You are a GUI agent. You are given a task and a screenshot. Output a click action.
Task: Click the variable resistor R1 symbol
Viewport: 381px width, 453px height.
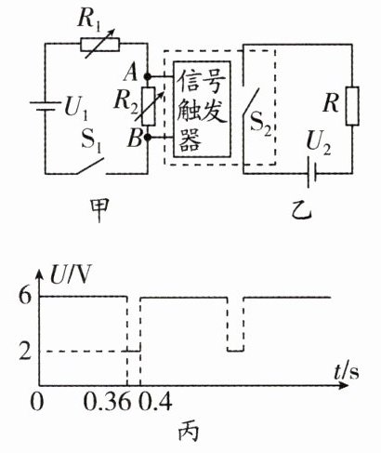pos(99,45)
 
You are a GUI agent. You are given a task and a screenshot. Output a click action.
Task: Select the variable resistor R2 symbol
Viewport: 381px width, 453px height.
pos(149,106)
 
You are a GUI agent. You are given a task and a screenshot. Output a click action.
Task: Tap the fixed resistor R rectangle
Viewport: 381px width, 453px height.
pos(352,106)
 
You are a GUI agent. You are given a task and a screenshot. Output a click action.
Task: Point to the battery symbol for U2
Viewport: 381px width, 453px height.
pos(311,173)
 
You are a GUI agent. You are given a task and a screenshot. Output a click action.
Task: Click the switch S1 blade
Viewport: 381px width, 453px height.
pos(90,166)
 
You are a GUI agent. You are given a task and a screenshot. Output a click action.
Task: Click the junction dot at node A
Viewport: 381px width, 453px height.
pos(148,76)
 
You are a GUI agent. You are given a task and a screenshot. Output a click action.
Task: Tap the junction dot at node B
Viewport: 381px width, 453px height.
pos(148,137)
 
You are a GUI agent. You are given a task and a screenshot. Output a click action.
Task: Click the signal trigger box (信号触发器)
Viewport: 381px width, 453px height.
pos(202,109)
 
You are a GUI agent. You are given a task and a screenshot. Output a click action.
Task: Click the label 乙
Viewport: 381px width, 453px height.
pos(301,211)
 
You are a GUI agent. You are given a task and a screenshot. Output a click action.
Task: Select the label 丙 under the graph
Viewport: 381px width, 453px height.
pos(188,432)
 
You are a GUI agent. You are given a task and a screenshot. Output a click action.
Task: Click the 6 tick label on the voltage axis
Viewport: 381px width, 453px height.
pos(25,297)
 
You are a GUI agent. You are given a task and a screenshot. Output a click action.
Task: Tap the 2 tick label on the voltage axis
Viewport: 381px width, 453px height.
pos(25,351)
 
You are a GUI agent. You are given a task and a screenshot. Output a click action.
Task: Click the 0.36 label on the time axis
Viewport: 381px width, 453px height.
pos(106,403)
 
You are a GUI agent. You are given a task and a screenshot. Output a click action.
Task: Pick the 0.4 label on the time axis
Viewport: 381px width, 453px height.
pos(154,403)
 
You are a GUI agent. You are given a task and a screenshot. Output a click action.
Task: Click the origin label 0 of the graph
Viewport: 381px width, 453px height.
pos(37,403)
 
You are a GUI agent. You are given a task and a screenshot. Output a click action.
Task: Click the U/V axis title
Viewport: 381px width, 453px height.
pos(71,274)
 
